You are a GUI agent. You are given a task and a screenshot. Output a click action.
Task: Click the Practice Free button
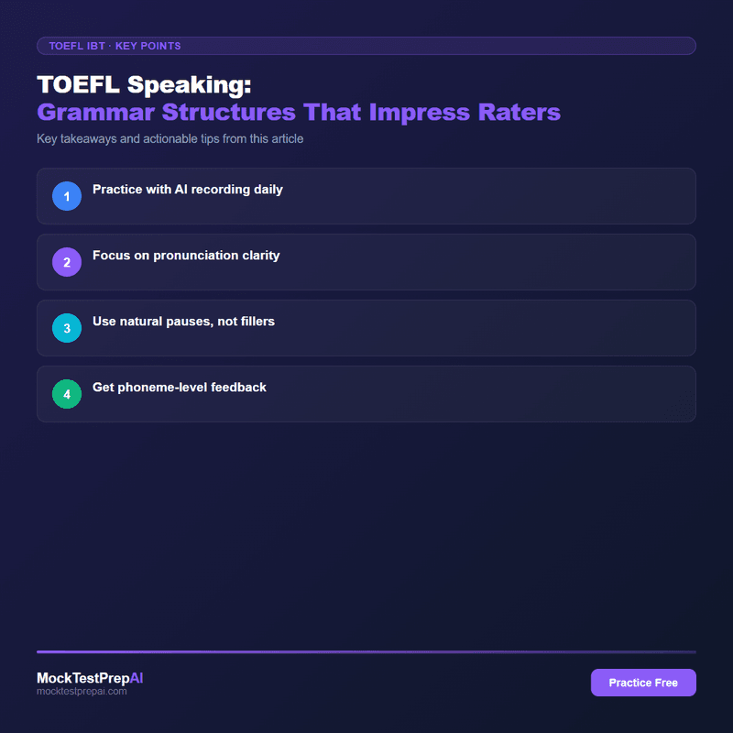tap(643, 683)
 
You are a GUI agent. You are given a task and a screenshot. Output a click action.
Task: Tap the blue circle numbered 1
tap(67, 196)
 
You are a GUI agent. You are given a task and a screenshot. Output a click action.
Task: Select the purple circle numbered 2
tap(67, 262)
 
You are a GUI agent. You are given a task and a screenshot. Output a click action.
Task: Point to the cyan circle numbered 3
tap(67, 328)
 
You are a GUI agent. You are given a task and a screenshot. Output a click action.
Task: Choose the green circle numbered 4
tap(67, 394)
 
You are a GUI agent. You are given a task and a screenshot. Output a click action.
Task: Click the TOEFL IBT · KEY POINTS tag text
tap(115, 46)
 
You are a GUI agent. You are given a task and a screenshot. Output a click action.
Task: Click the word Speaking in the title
tap(190, 84)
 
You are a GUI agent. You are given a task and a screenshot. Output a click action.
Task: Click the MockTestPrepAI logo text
tap(90, 678)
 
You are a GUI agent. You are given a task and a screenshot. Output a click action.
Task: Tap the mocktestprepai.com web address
tap(82, 692)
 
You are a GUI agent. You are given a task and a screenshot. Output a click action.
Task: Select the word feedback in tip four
tap(235, 388)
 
